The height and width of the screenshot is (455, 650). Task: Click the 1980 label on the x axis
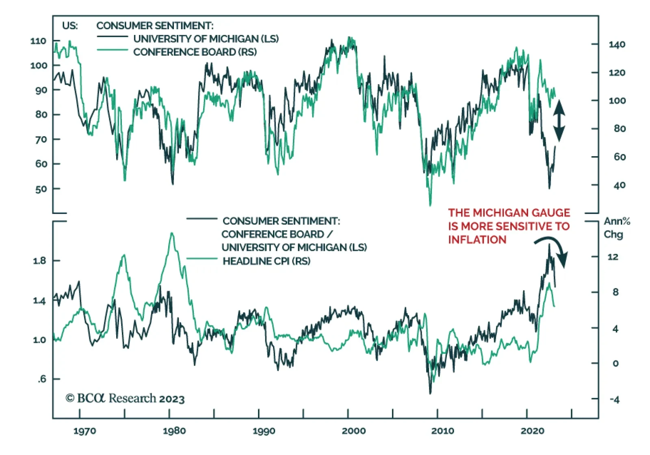pos(174,431)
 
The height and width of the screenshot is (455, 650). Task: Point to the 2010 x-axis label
pos(442,431)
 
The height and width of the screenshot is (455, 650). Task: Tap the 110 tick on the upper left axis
pos(38,41)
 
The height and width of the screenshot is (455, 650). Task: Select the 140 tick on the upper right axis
pos(617,44)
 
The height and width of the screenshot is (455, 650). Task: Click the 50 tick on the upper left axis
pos(41,189)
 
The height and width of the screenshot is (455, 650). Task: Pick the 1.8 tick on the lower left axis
pos(39,261)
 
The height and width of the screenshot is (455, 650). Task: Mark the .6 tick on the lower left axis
pos(42,379)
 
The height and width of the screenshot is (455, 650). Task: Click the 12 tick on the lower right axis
pos(613,257)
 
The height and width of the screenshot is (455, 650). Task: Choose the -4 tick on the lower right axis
pos(614,400)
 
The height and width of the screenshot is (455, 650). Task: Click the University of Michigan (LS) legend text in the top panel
pos(206,39)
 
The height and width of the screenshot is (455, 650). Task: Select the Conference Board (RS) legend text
pos(195,52)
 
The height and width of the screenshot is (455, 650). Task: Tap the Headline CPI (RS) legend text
pos(266,261)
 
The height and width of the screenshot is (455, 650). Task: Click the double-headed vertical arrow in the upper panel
pos(559,120)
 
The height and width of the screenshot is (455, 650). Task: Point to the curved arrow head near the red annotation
pos(563,260)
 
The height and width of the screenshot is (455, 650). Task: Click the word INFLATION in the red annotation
pos(477,240)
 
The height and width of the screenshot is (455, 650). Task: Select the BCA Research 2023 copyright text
pos(125,398)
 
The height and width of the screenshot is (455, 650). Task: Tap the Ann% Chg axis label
pos(616,228)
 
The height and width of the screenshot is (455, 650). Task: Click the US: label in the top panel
pos(70,26)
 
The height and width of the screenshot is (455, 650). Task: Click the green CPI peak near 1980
pos(172,233)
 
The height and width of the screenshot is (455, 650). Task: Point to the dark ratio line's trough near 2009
pos(430,393)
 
